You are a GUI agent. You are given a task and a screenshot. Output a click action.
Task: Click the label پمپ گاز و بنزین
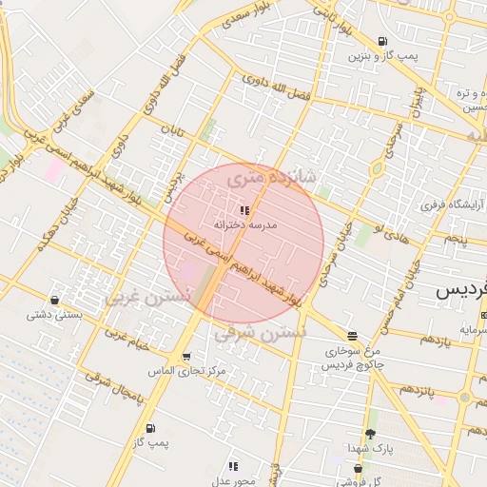coord(380,57)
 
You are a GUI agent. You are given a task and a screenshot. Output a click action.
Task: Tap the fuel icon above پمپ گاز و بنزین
coord(382,41)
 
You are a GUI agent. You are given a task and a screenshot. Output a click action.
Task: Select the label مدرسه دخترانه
coord(244,224)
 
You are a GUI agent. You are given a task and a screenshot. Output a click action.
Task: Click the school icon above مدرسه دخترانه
coord(244,209)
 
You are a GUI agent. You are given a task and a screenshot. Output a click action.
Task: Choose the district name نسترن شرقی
coord(260,334)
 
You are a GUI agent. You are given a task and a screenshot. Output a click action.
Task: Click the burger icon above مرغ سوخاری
coord(353,336)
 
